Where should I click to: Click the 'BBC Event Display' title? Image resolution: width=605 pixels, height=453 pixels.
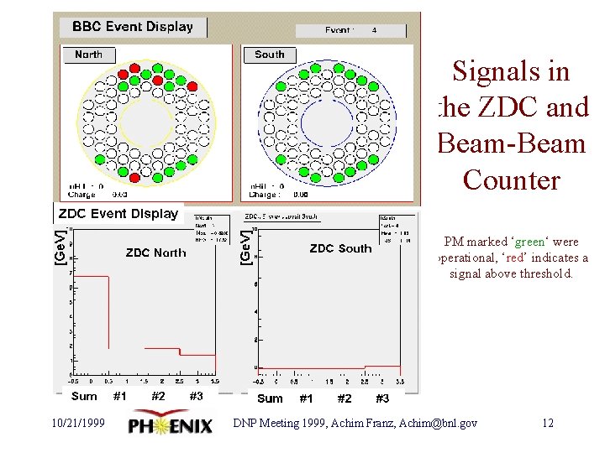pyautogui.click(x=132, y=27)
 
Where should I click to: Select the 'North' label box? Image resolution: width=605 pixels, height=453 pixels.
pyautogui.click(x=88, y=55)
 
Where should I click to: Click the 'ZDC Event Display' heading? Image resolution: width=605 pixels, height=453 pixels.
pyautogui.click(x=118, y=214)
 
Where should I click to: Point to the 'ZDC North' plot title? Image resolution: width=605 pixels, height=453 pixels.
pyautogui.click(x=155, y=253)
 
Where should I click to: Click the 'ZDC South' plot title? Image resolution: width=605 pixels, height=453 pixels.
pyautogui.click(x=340, y=248)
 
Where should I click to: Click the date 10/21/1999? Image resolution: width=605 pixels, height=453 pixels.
pyautogui.click(x=77, y=424)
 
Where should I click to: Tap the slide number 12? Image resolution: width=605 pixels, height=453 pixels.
pyautogui.click(x=548, y=424)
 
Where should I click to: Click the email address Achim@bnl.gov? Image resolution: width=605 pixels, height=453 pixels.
pyautogui.click(x=445, y=424)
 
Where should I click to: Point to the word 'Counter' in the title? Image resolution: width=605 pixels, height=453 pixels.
pyautogui.click(x=511, y=180)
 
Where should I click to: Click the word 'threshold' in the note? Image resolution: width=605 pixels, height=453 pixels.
pyautogui.click(x=545, y=273)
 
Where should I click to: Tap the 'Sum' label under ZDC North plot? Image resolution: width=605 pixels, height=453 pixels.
pyautogui.click(x=84, y=397)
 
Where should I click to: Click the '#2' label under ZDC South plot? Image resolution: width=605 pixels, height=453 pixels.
pyautogui.click(x=344, y=398)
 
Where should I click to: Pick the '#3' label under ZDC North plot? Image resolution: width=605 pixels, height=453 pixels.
pyautogui.click(x=196, y=397)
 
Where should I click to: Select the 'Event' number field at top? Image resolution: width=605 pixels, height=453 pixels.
pyautogui.click(x=350, y=31)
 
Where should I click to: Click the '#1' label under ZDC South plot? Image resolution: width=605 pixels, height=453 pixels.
pyautogui.click(x=306, y=398)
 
